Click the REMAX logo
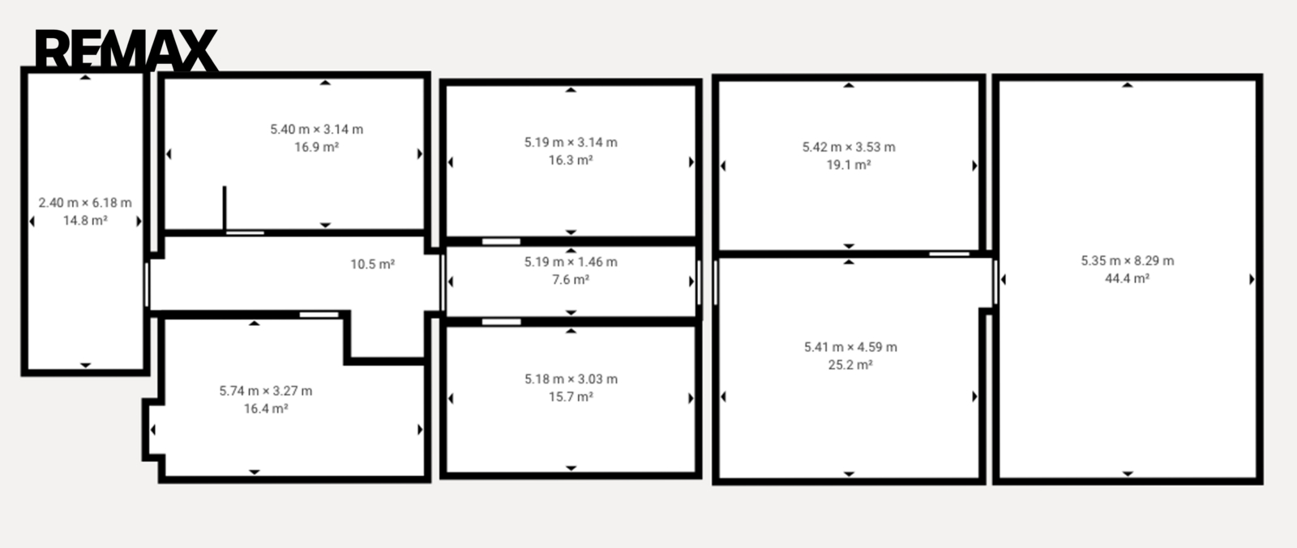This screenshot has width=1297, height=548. click(x=126, y=50)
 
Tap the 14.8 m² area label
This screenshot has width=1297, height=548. click(x=85, y=220)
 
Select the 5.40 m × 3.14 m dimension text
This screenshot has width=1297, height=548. click(x=317, y=129)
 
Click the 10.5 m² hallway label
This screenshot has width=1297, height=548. click(x=372, y=264)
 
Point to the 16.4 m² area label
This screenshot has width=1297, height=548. click(x=266, y=409)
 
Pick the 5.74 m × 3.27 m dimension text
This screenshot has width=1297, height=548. click(x=266, y=391)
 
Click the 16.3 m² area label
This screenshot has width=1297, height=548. click(x=571, y=160)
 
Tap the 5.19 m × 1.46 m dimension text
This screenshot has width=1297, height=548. click(x=571, y=262)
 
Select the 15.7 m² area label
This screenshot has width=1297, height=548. click(x=571, y=396)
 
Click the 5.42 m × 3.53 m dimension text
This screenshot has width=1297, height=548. click(x=849, y=148)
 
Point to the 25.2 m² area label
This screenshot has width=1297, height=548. click(x=850, y=365)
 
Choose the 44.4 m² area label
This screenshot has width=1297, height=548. click(x=1128, y=279)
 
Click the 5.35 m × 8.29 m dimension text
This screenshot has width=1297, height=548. click(x=1128, y=261)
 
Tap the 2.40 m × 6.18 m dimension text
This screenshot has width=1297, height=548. click(x=85, y=203)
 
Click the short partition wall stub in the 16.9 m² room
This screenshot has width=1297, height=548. click(x=225, y=208)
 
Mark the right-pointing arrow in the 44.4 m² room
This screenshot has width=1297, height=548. click(x=1252, y=279)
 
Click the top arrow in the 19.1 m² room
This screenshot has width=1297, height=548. click(x=849, y=85)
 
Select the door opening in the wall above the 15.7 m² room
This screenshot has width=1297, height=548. click(x=502, y=322)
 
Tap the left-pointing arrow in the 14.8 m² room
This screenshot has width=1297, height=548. click(x=32, y=221)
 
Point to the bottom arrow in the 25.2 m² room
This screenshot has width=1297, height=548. click(x=849, y=474)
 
